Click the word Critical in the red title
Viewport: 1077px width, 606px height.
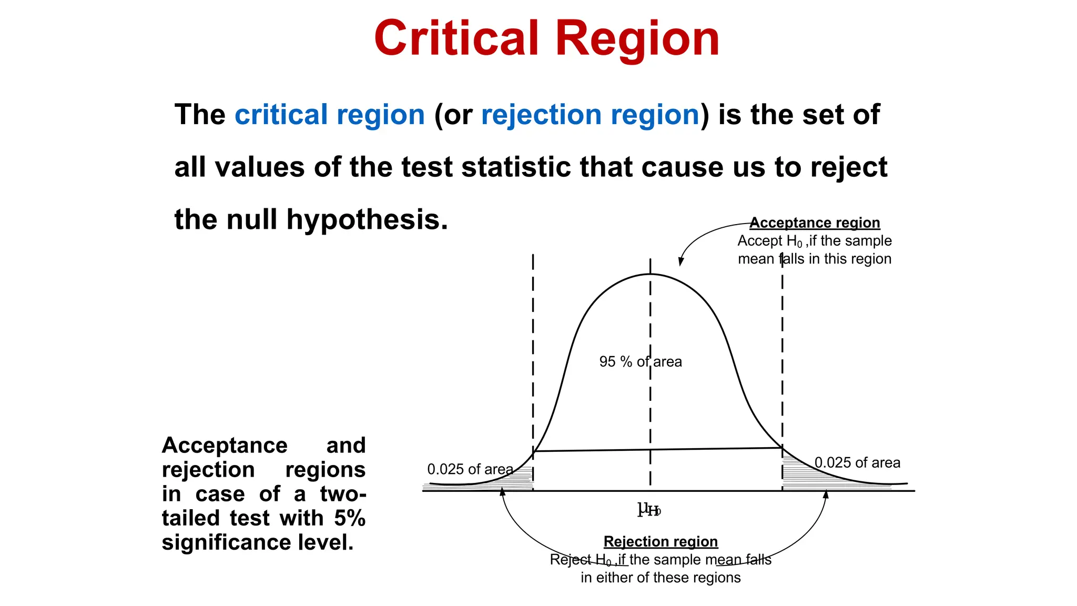456,38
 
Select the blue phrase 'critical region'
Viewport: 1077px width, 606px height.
329,115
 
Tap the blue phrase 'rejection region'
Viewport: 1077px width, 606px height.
590,115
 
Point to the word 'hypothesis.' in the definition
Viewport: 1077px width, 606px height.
367,219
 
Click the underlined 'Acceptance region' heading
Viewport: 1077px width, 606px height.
815,223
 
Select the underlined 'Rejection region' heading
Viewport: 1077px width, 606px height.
661,541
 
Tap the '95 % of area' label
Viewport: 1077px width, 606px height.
641,361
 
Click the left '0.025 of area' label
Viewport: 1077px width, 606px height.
470,469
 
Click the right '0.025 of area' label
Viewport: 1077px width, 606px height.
857,463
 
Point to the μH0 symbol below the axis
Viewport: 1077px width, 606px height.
648,509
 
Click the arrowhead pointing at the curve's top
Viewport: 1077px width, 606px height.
680,262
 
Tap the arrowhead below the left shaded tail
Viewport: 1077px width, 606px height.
502,492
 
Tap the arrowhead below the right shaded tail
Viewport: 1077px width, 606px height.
826,494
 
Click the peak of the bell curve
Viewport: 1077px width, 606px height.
651,275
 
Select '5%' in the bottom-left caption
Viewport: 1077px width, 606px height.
350,518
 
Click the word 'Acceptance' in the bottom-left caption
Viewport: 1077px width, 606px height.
225,446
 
